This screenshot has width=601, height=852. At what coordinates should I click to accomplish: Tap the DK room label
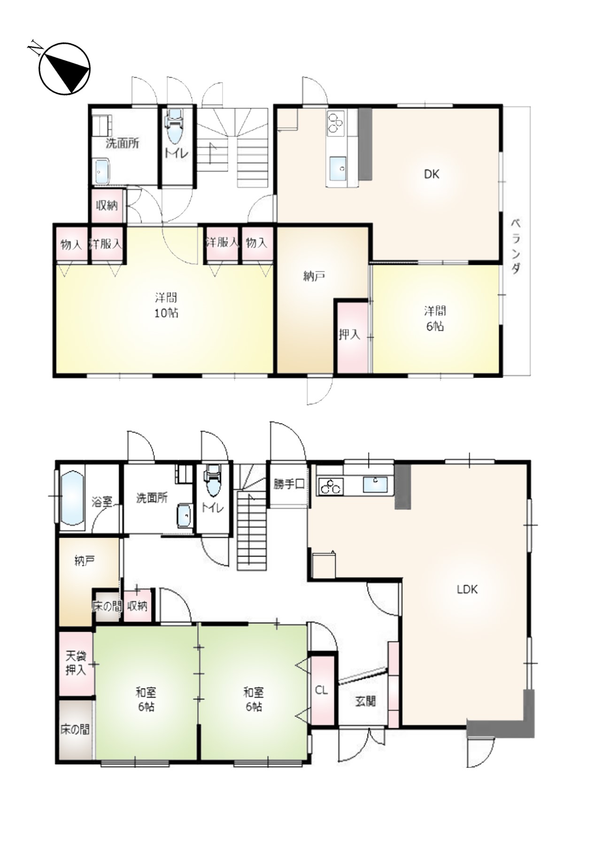431,174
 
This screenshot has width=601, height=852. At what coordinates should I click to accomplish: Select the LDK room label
467,589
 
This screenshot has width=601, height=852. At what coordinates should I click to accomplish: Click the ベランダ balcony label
516,246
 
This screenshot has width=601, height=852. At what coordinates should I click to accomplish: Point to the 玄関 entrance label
365,702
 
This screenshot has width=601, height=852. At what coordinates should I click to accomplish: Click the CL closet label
322,690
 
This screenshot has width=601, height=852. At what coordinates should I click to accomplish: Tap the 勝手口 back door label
289,484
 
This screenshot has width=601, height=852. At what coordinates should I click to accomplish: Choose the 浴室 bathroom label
102,501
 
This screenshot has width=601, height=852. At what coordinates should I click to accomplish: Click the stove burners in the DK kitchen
336,122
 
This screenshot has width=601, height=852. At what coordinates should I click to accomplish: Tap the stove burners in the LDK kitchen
331,486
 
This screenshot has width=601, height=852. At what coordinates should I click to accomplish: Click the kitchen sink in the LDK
375,485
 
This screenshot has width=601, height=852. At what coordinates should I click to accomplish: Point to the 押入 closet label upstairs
349,335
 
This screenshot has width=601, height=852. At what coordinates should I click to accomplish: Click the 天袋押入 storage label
76,663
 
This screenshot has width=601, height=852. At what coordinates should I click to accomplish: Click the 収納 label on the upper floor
107,205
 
